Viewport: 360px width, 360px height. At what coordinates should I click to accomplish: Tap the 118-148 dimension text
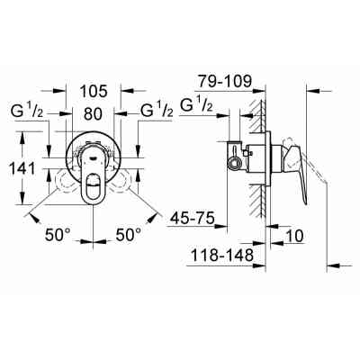[221, 257]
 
